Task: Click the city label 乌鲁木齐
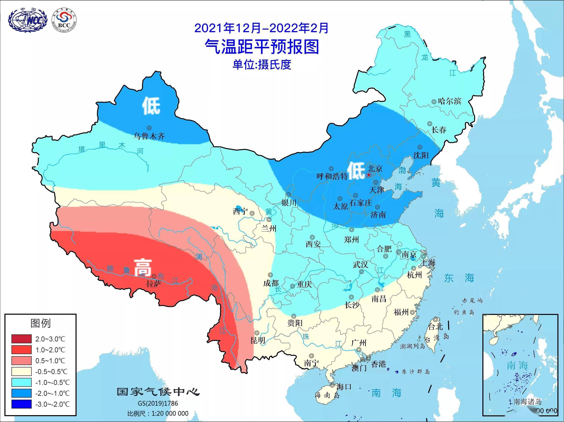(x=149, y=136)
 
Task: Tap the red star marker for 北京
(x=368, y=175)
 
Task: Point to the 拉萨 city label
(x=153, y=284)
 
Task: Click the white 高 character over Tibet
(x=143, y=268)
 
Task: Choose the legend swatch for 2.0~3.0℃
(x=21, y=339)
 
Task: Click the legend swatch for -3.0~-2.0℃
(x=21, y=404)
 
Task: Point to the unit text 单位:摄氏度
(x=262, y=64)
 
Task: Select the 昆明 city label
(x=258, y=340)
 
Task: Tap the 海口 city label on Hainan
(x=344, y=387)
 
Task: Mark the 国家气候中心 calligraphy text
(x=158, y=392)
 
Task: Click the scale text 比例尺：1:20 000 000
(x=158, y=413)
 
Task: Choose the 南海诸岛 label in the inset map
(x=527, y=402)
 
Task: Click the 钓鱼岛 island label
(x=464, y=312)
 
